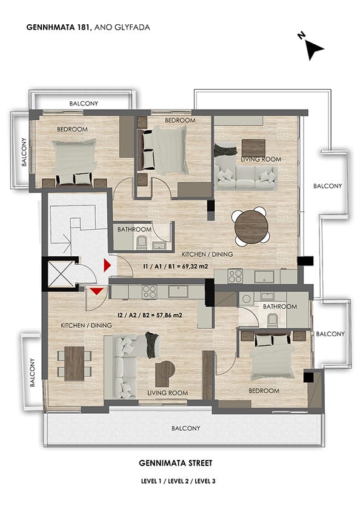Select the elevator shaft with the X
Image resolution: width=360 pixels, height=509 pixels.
(x=61, y=274)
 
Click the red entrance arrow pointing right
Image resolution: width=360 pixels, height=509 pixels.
(x=107, y=265)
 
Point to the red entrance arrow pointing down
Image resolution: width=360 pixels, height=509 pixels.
(x=96, y=291)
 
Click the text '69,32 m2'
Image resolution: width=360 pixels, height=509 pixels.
(x=195, y=267)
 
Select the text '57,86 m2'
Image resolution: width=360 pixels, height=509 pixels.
(x=169, y=315)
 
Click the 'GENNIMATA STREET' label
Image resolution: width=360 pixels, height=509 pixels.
(x=176, y=463)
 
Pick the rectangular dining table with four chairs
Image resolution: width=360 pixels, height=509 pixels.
(x=75, y=364)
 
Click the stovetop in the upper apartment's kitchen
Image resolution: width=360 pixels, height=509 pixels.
(x=235, y=276)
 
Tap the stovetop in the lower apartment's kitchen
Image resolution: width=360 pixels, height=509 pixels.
(x=150, y=291)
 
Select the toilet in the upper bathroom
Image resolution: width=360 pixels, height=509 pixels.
(x=142, y=242)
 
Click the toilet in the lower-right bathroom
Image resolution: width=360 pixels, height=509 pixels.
(x=272, y=320)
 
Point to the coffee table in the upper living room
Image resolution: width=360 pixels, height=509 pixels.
(x=253, y=148)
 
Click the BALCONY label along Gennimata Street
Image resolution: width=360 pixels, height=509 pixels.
(x=185, y=428)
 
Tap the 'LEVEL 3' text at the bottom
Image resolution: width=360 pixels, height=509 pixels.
(x=205, y=481)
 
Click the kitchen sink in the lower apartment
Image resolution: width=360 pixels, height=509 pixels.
(x=178, y=291)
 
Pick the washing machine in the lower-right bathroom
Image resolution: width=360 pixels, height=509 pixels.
(x=247, y=298)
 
